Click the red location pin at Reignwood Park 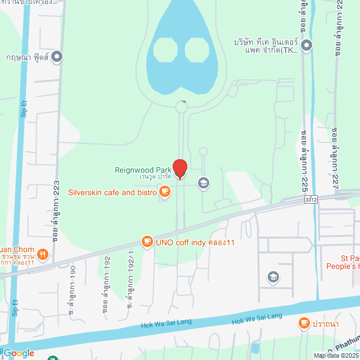[x=179, y=168]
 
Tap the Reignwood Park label [x=143, y=169]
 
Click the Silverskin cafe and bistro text [x=112, y=192]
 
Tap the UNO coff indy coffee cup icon [x=147, y=242]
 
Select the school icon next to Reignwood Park [x=202, y=183]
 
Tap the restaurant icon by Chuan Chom [x=43, y=254]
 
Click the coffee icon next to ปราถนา [x=304, y=323]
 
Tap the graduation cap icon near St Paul [x=273, y=277]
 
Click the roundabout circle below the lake [x=181, y=106]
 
